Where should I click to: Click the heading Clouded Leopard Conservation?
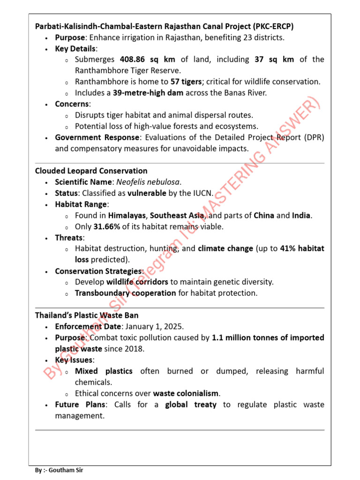click(91, 171)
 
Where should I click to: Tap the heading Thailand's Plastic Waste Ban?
click(87, 315)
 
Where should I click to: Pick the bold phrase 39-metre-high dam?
click(148, 93)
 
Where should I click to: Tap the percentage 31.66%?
click(111, 226)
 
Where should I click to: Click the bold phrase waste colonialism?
click(187, 393)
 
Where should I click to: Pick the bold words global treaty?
click(191, 405)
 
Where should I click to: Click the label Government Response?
click(97, 137)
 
